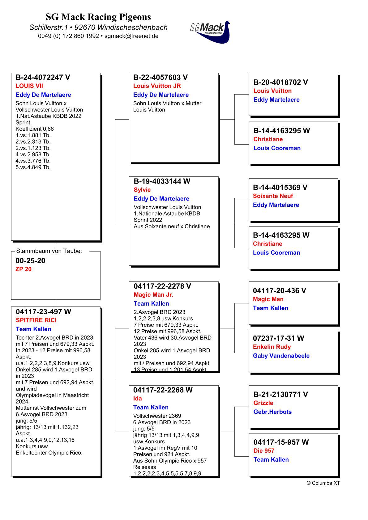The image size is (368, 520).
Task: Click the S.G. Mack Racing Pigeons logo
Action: tap(210, 32)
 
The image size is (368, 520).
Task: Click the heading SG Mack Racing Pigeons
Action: tap(98, 17)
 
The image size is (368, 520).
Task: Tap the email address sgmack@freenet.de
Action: tap(131, 36)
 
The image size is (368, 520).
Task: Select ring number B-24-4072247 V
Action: tap(43, 78)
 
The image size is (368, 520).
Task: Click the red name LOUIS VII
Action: tap(29, 86)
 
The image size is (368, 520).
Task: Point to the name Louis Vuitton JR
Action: tap(157, 86)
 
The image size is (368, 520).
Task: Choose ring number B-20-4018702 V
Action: tap(280, 82)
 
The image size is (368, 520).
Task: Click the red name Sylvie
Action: tap(142, 190)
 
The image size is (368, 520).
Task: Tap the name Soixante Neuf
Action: tap(273, 196)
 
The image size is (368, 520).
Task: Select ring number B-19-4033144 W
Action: tap(162, 181)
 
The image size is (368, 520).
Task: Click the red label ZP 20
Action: tap(24, 269)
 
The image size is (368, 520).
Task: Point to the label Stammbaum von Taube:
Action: tap(49, 251)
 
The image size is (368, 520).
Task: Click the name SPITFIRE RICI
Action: tap(36, 320)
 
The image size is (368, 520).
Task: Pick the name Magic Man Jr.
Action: tap(153, 295)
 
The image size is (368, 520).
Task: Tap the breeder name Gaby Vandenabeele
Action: tap(281, 356)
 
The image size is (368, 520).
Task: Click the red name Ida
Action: tap(138, 399)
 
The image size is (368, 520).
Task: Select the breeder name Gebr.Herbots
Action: tap(272, 412)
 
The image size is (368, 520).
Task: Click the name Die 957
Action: tap(264, 451)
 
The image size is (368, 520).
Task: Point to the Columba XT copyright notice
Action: tap(323, 483)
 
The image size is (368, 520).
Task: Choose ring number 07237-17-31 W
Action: tap(278, 338)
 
